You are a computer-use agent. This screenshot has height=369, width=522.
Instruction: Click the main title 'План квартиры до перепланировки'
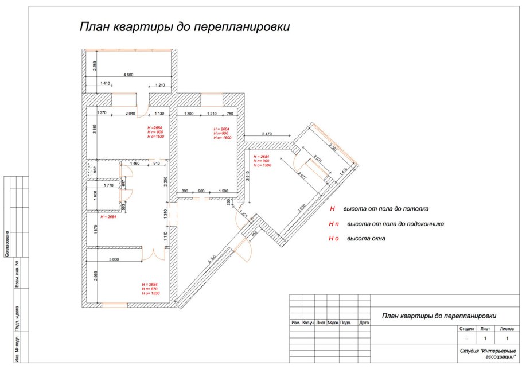pyautogui.click(x=184, y=27)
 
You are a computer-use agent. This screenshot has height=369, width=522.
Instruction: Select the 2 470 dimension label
pyautogui.click(x=267, y=134)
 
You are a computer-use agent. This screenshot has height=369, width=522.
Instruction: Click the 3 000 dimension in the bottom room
pyautogui.click(x=113, y=260)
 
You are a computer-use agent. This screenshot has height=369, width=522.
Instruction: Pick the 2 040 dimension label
pyautogui.click(x=130, y=114)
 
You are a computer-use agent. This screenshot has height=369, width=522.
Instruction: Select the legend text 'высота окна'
pyautogui.click(x=365, y=238)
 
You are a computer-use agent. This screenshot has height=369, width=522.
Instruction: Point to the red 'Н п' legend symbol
pyautogui.click(x=332, y=224)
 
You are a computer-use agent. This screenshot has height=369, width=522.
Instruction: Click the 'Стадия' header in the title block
pyautogui.click(x=465, y=329)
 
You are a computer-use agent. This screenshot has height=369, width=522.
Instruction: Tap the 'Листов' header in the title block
pyautogui.click(x=507, y=329)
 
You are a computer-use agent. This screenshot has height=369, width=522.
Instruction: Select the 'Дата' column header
pyautogui.click(x=364, y=323)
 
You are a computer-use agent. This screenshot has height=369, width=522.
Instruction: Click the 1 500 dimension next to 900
pyautogui.click(x=223, y=191)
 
